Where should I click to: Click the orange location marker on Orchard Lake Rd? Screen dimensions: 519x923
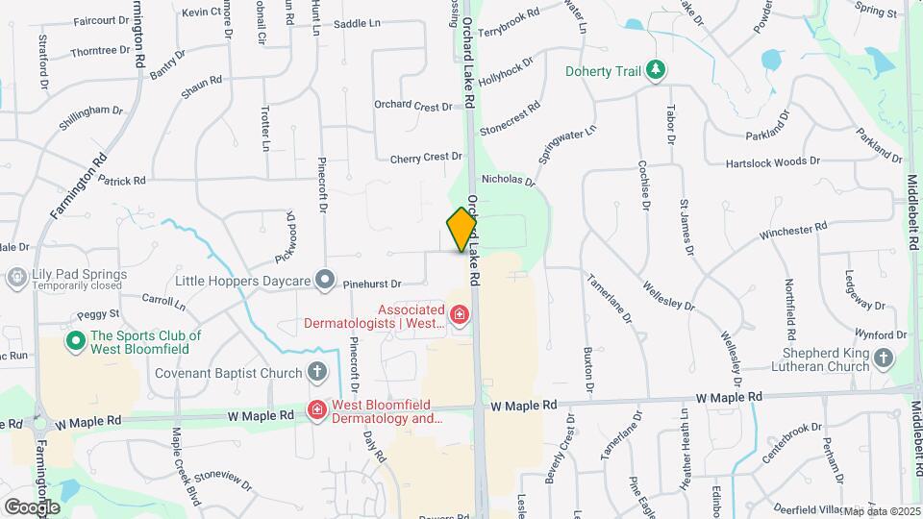coord(462,229)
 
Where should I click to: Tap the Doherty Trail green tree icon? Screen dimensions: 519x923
coord(656,70)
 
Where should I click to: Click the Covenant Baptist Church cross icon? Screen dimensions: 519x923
coord(317,371)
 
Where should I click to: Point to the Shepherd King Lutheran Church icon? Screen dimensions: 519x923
coord(883,358)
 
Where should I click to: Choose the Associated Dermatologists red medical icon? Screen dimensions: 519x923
coord(460,314)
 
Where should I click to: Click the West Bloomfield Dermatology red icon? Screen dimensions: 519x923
coord(315,411)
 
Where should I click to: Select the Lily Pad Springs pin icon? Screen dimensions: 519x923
coord(15,279)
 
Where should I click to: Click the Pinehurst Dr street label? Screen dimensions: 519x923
coord(371,284)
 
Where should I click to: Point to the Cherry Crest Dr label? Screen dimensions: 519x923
coord(426,158)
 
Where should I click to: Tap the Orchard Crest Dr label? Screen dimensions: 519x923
coord(412,105)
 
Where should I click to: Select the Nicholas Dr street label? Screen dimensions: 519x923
coord(508,179)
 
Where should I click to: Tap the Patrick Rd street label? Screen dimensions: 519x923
coord(122,180)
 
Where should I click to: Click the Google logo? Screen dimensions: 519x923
coord(32,507)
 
